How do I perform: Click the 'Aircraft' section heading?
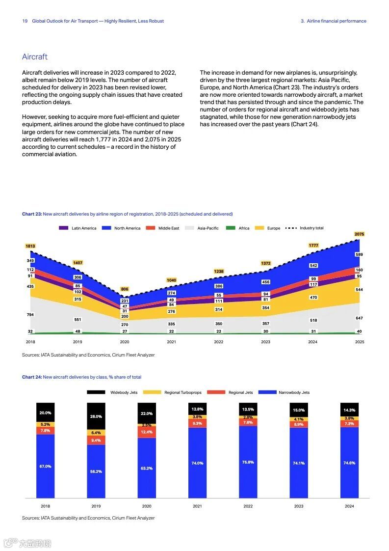click(x=35, y=57)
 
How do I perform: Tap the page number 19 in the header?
click(x=25, y=21)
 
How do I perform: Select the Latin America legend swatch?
click(x=64, y=228)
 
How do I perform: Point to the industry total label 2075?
click(x=359, y=234)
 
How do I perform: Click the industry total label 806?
click(x=125, y=289)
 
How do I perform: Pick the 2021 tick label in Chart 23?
click(x=171, y=341)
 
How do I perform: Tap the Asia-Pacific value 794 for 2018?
click(x=30, y=314)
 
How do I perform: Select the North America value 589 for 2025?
click(x=359, y=254)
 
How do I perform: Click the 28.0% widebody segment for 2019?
click(x=96, y=416)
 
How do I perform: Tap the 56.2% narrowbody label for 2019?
click(x=96, y=471)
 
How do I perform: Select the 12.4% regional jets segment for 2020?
click(x=147, y=432)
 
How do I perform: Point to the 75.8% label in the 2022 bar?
click(x=248, y=462)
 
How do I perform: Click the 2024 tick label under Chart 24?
click(x=349, y=506)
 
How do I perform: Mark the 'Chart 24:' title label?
click(x=32, y=377)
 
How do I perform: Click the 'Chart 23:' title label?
click(x=32, y=214)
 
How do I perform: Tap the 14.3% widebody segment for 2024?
click(x=349, y=410)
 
